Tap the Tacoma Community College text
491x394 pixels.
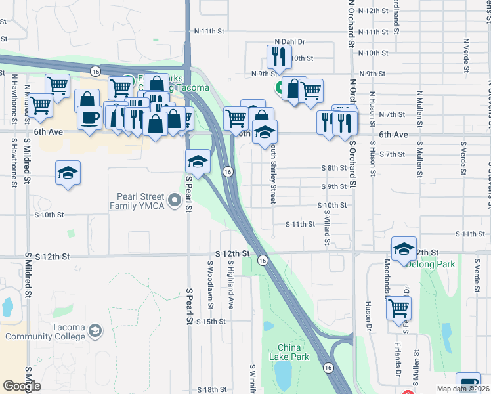coord(45,332)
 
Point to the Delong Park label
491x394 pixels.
coord(431,264)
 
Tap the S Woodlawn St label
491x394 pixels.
coord(210,282)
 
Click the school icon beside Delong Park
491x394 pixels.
coord(404,249)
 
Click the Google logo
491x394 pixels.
coord(22,386)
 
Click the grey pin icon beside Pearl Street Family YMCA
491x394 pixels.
coord(174,200)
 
